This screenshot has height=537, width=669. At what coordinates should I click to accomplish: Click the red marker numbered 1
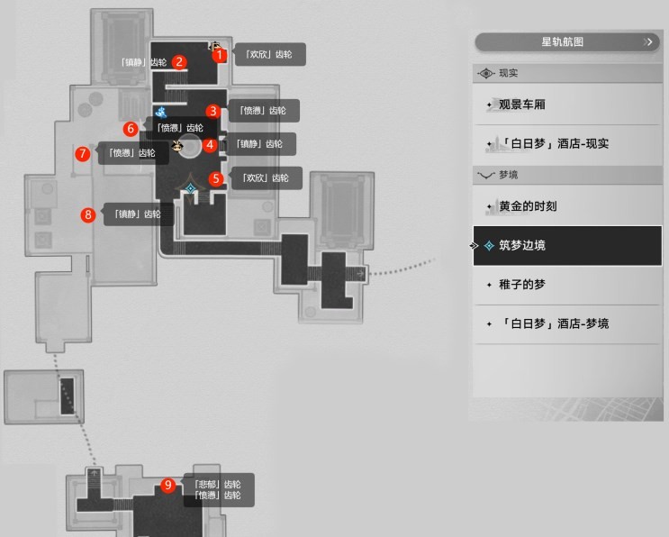coord(219,55)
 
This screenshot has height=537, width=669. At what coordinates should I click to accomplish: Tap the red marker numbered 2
coord(180,62)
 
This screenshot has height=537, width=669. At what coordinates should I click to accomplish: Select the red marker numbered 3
coord(212,111)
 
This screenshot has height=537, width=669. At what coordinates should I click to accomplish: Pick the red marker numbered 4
coord(210,144)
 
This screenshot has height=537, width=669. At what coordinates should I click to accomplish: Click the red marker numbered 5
coord(216,178)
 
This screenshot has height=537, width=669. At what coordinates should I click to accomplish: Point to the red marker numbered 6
coord(131,129)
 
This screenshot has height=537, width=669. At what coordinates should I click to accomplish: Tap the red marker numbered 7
coord(83,154)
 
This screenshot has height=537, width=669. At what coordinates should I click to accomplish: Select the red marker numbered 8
coord(88,214)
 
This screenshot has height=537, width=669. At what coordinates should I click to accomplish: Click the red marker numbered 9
coord(168,486)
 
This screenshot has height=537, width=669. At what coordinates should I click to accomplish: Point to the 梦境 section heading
coord(507,175)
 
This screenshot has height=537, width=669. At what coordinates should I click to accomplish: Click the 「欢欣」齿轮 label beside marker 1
coord(269,55)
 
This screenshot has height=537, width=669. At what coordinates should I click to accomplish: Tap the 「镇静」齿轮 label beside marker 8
coord(138,214)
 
